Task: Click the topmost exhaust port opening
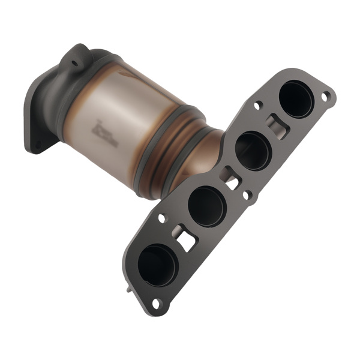pyautogui.click(x=296, y=99)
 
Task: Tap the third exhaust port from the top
pyautogui.click(x=206, y=206)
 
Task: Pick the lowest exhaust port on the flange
pyautogui.click(x=158, y=265)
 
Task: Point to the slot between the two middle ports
pyautogui.click(x=231, y=178)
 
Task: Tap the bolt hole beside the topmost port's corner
pyautogui.click(x=326, y=96)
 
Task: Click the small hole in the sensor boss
pyautogui.click(x=76, y=61)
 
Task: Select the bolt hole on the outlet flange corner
pyautogui.click(x=39, y=144)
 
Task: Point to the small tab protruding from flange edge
pyautogui.click(x=130, y=289)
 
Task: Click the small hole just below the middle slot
pyautogui.click(x=245, y=194)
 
